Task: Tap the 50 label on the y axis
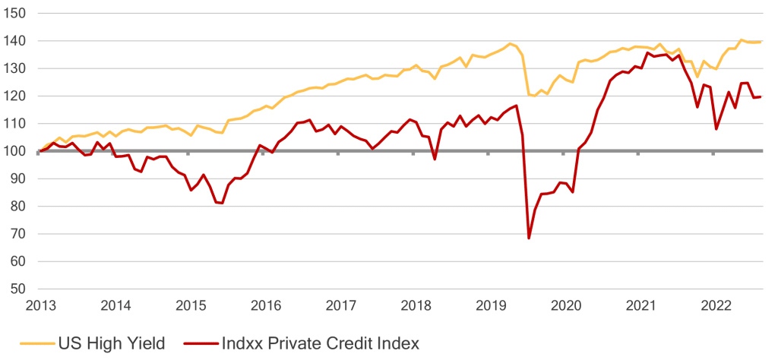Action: (19, 289)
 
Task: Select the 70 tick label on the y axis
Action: (19, 234)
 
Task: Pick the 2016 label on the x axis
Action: (266, 306)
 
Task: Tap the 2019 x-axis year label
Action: (491, 306)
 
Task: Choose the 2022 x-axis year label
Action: (716, 306)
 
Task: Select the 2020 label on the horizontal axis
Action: (566, 306)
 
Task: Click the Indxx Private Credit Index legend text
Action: (319, 343)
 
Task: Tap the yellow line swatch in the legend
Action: (30, 343)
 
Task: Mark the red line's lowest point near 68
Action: (529, 238)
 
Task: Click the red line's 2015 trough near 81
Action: (222, 203)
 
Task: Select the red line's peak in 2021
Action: (647, 53)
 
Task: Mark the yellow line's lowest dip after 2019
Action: (534, 96)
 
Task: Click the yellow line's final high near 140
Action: (741, 39)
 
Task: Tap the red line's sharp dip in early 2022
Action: (716, 128)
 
